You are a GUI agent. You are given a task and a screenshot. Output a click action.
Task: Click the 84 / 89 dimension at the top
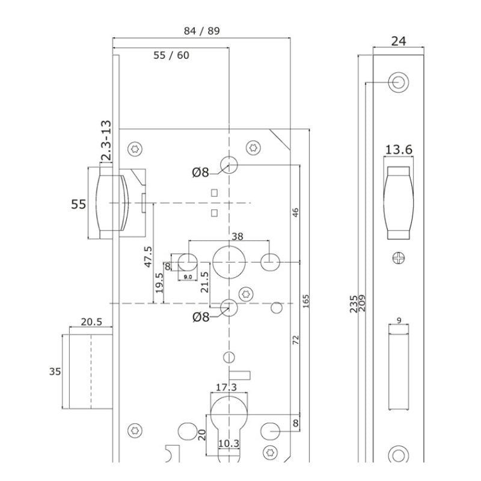click(x=201, y=32)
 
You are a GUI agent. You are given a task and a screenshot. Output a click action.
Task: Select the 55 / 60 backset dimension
click(x=171, y=55)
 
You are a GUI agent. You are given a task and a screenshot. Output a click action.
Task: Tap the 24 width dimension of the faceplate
click(x=399, y=41)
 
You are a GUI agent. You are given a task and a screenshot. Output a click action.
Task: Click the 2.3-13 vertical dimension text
click(x=106, y=141)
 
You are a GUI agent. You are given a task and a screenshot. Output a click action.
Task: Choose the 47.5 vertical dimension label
click(x=147, y=256)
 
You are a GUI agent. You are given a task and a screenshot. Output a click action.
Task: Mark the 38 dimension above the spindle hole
click(x=237, y=237)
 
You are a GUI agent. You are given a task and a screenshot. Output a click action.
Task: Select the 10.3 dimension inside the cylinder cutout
click(x=228, y=444)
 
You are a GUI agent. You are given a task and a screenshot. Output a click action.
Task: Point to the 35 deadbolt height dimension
click(x=55, y=372)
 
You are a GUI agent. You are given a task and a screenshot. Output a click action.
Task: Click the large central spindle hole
click(x=228, y=263)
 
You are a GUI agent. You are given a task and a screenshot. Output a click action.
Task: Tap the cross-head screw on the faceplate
click(x=399, y=259)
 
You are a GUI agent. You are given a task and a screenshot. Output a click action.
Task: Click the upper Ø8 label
click(x=200, y=173)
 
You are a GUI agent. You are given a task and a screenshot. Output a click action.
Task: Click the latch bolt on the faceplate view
click(x=399, y=201)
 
